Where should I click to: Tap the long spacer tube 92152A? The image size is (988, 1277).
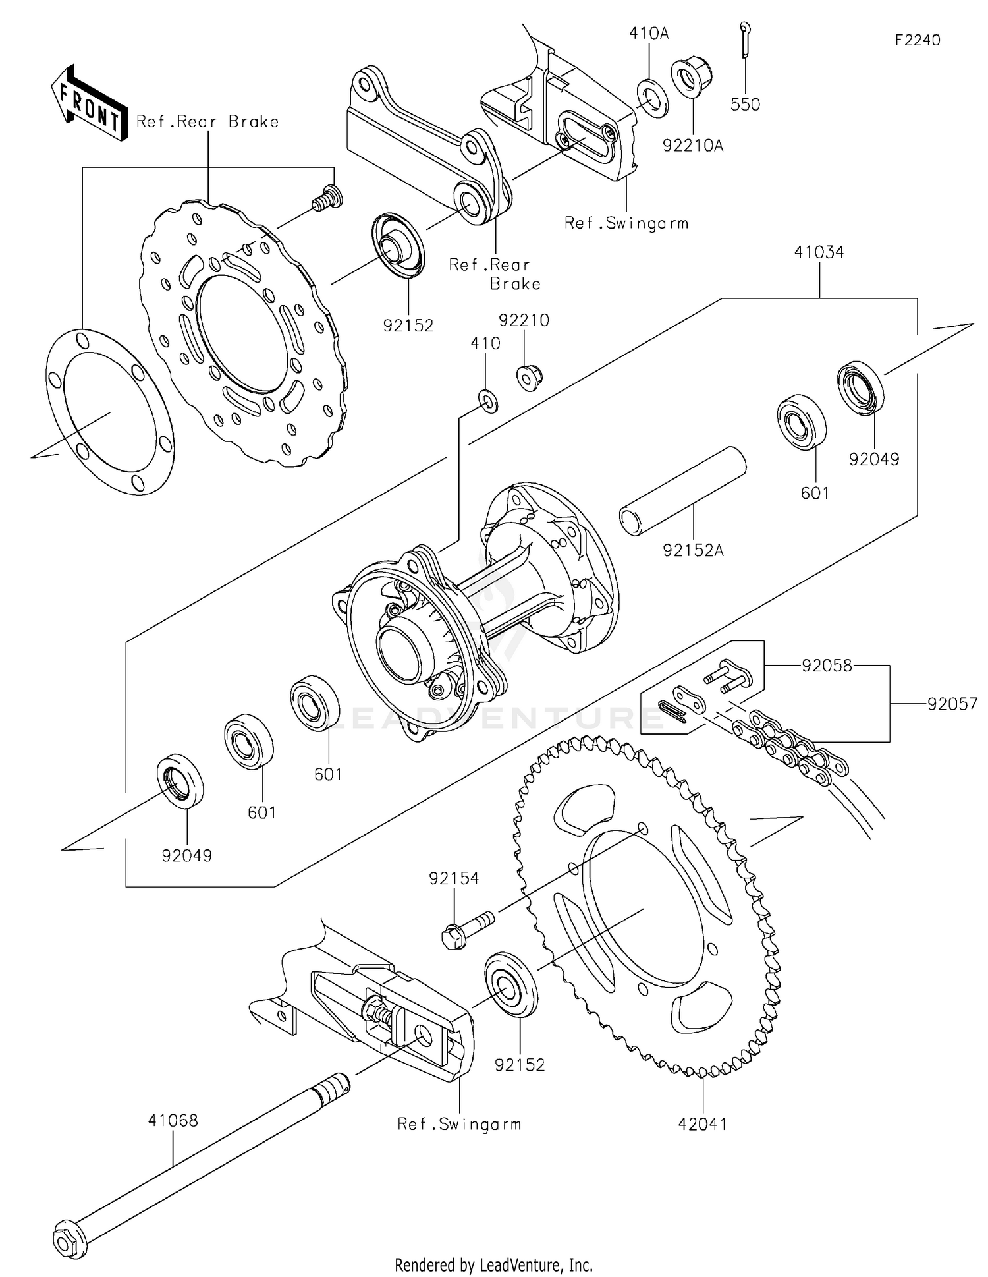pos(682,491)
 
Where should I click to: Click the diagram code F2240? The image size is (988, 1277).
pos(917,40)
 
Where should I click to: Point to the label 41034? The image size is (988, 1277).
pos(819,252)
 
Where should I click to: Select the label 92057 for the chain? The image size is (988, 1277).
pos(952,704)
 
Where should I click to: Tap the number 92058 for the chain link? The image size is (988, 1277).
pos(827,666)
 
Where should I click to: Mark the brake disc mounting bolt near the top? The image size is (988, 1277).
pos(327,198)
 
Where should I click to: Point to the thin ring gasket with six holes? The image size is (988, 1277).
pos(110,412)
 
